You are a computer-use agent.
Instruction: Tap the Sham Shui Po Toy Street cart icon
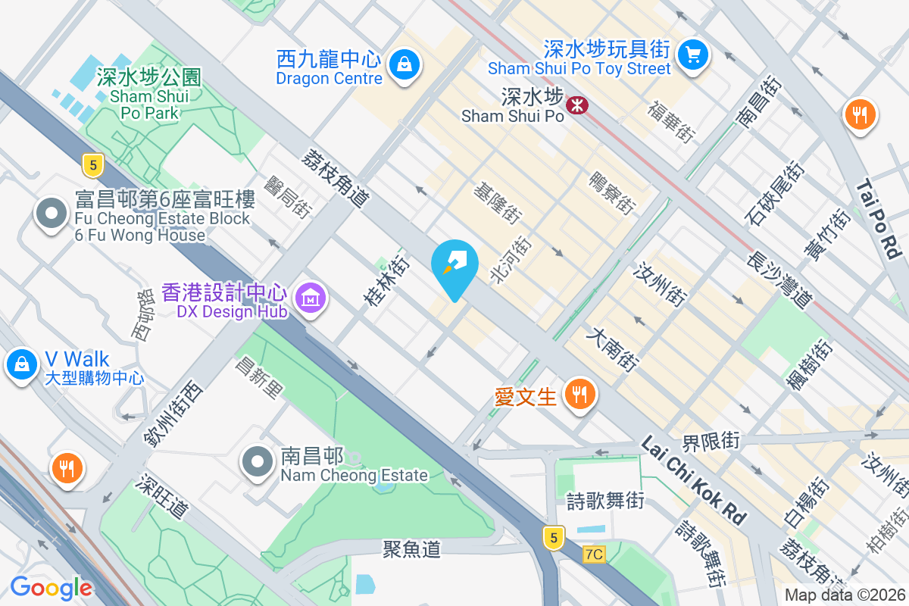point(692,55)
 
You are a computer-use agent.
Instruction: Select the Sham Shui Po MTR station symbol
point(577,105)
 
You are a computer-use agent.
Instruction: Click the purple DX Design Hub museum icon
point(310,299)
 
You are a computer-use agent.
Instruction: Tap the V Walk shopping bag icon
point(22,364)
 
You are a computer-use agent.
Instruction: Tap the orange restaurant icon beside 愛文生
point(580,394)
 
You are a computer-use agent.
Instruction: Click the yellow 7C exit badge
point(595,554)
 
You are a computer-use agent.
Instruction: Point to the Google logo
point(51,587)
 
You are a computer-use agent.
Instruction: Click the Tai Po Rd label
point(879,219)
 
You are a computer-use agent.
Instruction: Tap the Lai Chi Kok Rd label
point(693,479)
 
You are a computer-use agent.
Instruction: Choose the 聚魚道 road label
point(411,549)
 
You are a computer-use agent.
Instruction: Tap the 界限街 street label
point(711,440)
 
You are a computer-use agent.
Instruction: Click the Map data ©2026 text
point(845,595)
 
